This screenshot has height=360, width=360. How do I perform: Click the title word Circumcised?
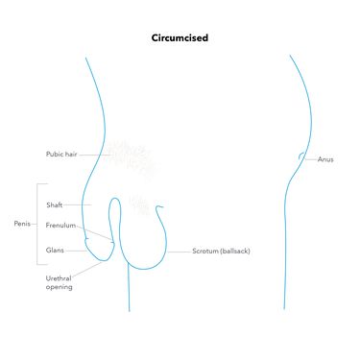click(180, 37)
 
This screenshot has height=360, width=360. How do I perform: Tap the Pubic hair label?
click(61, 154)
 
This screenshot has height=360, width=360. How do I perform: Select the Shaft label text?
click(55, 204)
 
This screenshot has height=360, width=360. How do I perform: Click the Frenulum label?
click(60, 226)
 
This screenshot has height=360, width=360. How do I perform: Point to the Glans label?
click(55, 251)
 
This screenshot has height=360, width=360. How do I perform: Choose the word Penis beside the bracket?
click(22, 224)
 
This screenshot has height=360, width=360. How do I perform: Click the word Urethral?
click(59, 278)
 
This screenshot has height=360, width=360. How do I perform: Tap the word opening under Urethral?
click(59, 287)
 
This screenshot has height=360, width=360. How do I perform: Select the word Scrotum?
click(205, 252)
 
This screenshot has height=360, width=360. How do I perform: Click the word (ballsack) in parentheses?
click(235, 252)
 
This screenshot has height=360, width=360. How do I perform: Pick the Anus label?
click(325, 159)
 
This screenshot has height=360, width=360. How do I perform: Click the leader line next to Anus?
click(310, 159)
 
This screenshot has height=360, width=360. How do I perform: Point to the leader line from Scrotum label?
click(180, 252)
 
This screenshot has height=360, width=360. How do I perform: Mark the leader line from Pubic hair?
click(95, 155)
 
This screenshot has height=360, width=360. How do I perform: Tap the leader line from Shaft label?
click(78, 204)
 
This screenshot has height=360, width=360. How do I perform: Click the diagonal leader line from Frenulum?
click(95, 232)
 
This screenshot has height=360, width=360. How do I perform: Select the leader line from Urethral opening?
click(87, 269)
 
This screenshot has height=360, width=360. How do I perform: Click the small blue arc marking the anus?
click(300, 156)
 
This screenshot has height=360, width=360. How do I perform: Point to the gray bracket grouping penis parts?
click(37, 224)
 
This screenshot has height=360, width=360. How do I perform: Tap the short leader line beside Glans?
click(76, 251)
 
